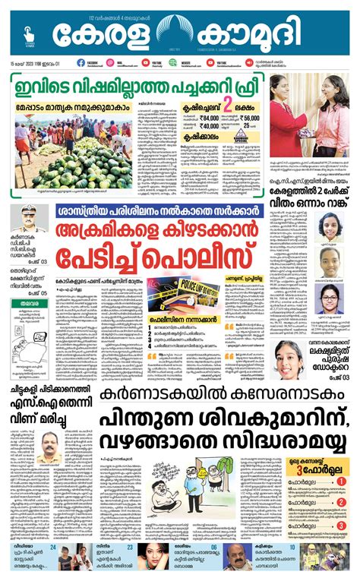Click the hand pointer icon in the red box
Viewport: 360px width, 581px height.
(28, 33)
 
